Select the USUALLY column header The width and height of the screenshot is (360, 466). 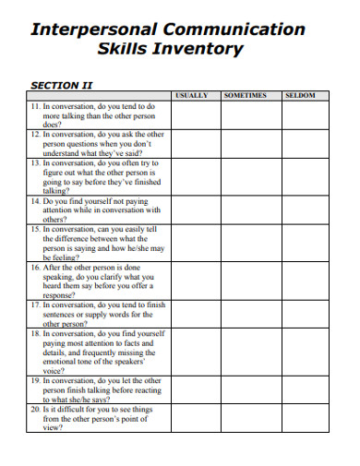(192, 95)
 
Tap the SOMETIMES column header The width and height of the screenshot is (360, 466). (245, 95)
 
